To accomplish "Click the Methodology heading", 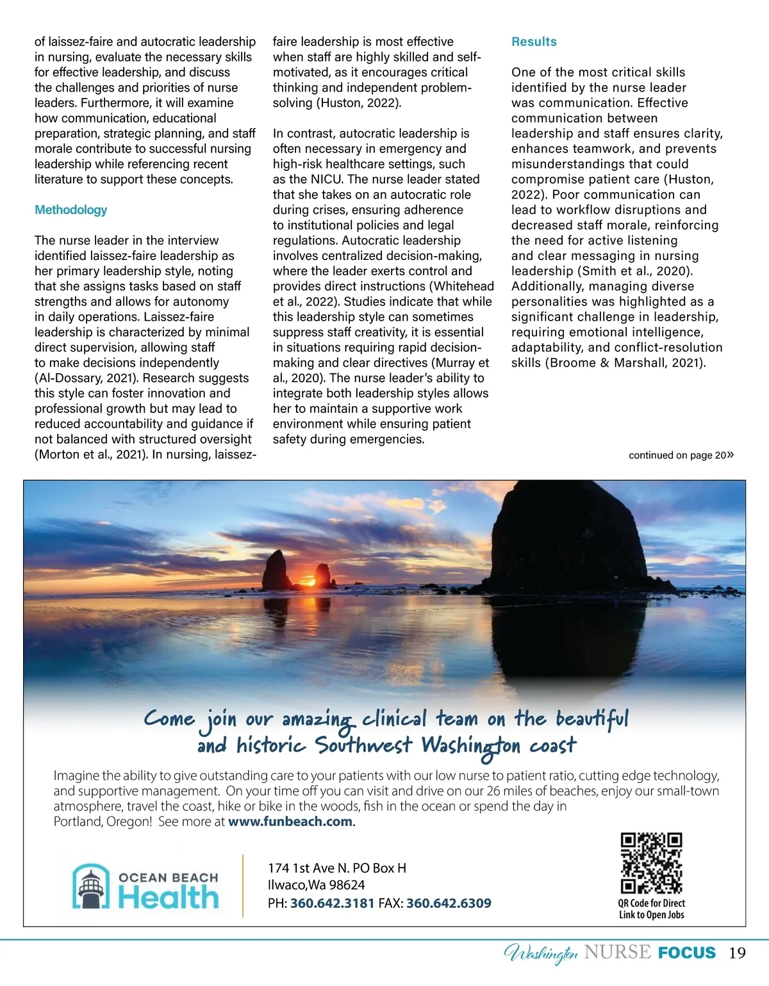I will click(70, 210).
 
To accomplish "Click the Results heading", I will click(534, 42).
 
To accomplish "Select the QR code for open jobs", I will click(651, 863).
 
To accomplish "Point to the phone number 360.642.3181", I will click(332, 903).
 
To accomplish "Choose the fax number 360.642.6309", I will click(449, 903).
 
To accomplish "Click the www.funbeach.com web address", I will click(290, 821).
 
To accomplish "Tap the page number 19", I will click(737, 953).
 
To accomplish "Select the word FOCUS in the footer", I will click(687, 953).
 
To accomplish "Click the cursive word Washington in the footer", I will click(542, 954).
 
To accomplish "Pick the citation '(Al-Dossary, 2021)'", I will click(87, 378).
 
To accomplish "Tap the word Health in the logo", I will click(169, 898).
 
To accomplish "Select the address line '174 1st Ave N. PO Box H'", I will click(337, 868).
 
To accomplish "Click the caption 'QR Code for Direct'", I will click(651, 903).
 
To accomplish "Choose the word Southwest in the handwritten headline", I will click(363, 746).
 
